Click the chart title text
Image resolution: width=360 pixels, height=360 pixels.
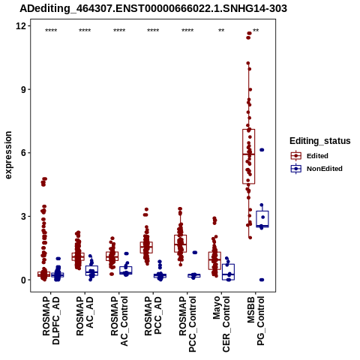(153, 9)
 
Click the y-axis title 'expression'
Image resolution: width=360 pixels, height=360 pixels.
(8, 155)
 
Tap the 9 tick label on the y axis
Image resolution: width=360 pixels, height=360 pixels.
(23, 89)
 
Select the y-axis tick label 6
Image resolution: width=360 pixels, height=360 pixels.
(23, 153)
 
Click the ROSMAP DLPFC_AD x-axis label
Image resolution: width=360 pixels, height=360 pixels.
(51, 320)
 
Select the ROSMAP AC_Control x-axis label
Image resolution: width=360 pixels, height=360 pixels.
(119, 321)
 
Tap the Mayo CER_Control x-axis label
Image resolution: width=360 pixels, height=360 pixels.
(221, 324)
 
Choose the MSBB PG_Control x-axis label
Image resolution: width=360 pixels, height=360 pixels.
(256, 321)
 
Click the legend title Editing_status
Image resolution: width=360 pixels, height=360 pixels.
(320, 141)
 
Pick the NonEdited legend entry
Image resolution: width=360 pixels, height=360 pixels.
(316, 169)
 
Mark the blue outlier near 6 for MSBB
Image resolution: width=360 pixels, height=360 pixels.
(262, 150)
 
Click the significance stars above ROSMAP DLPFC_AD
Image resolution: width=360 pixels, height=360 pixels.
(51, 31)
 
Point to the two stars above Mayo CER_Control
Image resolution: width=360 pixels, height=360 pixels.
(221, 31)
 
